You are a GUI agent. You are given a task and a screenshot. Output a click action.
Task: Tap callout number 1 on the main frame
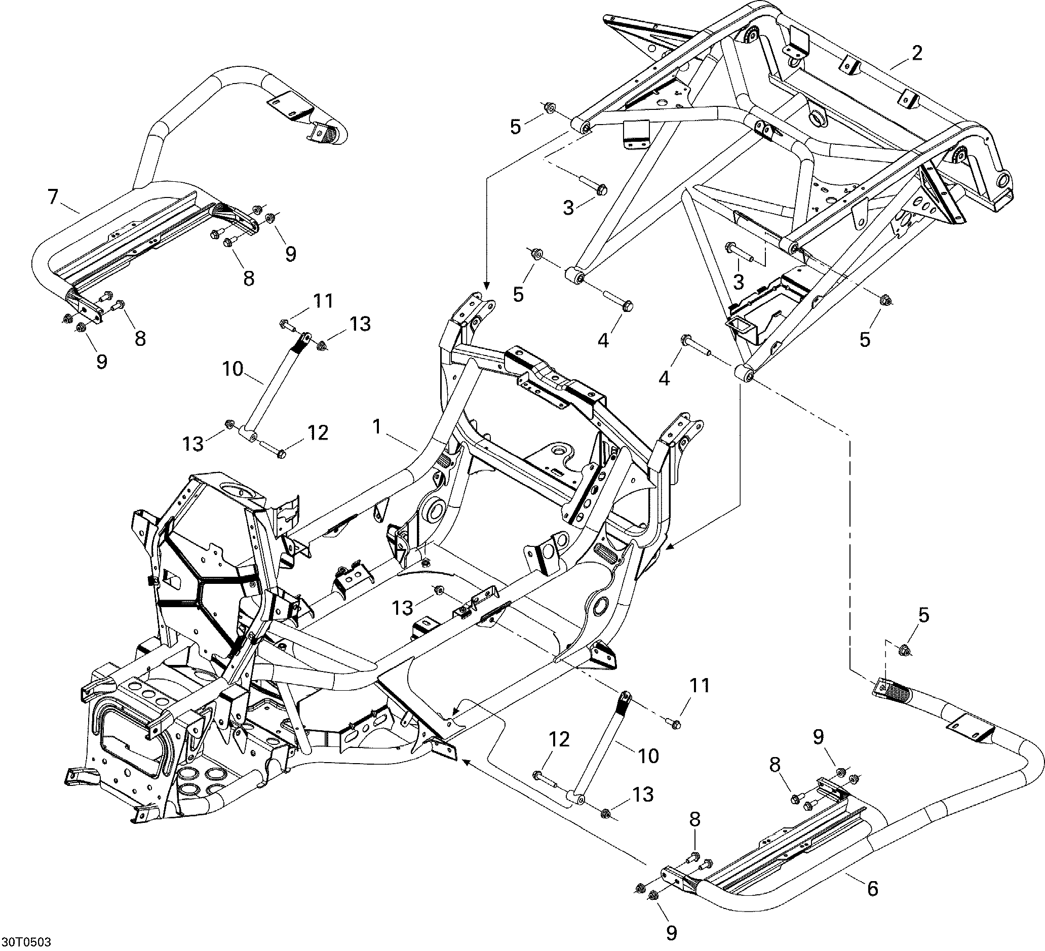(x=377, y=426)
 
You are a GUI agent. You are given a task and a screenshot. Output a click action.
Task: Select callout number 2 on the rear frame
(x=917, y=53)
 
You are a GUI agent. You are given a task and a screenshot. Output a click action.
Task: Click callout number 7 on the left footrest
(x=52, y=197)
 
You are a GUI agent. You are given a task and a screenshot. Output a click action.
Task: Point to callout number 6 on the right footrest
(x=873, y=889)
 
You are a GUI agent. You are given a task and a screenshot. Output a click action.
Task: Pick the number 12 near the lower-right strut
(x=559, y=739)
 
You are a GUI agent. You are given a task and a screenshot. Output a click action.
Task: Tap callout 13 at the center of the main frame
(x=402, y=608)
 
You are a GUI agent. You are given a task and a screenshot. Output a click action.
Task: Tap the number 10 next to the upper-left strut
(x=233, y=369)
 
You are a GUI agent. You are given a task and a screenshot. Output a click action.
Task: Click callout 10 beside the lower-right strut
(x=648, y=756)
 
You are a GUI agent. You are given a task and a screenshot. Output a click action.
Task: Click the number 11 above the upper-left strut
(x=324, y=301)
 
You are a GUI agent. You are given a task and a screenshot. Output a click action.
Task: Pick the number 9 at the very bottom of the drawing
(x=671, y=933)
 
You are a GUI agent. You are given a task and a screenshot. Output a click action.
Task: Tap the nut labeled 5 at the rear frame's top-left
(x=549, y=108)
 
